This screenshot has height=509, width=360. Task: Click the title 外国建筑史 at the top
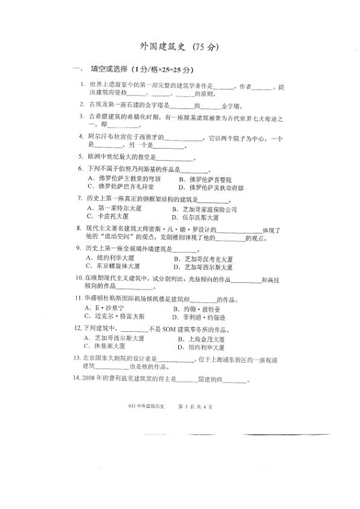[x=163, y=47]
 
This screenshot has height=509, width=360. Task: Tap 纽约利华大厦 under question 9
[x=115, y=258]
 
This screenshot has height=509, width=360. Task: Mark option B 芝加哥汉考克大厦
[x=208, y=258]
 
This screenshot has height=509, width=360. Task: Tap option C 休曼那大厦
[x=110, y=346]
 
